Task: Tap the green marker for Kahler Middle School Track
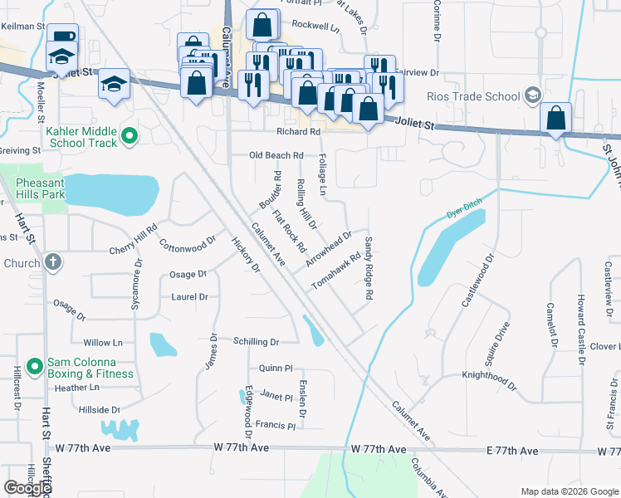(x=129, y=135)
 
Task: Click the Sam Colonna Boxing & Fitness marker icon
(x=34, y=366)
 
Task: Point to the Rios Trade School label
(x=473, y=96)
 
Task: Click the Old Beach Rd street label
(x=276, y=155)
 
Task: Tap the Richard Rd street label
(x=298, y=132)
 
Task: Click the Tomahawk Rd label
(x=336, y=271)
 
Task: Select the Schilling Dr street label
(x=256, y=341)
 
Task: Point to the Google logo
(x=28, y=488)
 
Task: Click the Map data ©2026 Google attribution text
(x=570, y=491)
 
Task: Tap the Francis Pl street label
(x=275, y=426)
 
